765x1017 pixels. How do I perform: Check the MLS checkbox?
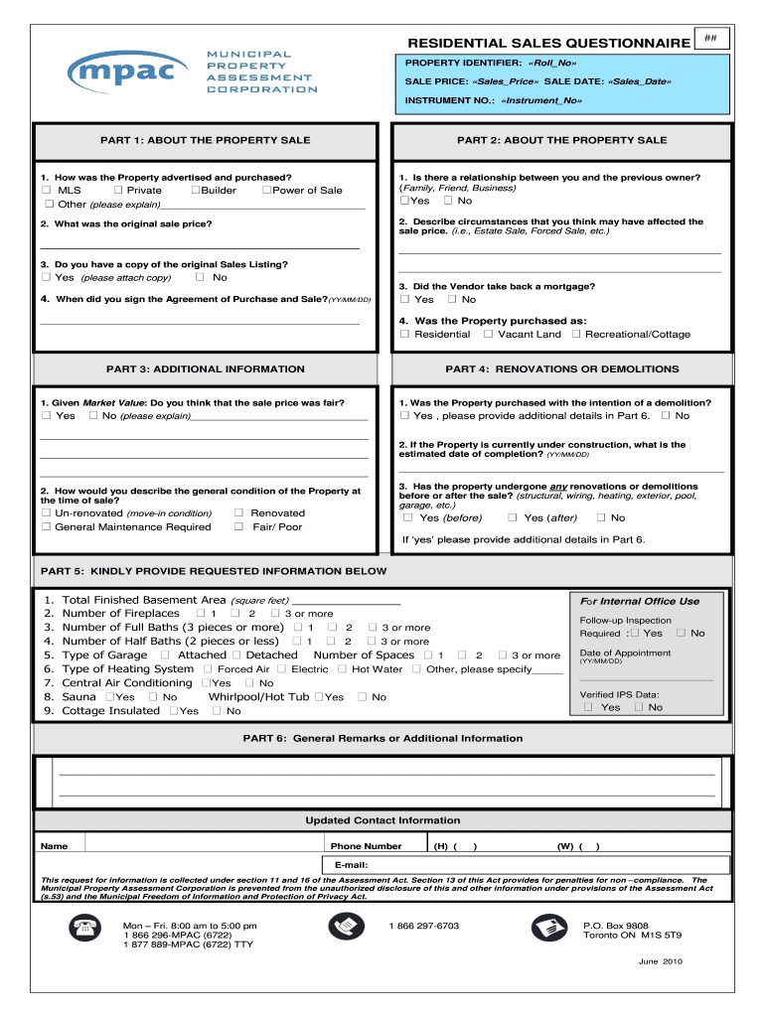(46, 190)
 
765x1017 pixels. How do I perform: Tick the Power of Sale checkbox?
(267, 190)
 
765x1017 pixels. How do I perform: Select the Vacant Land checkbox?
(488, 335)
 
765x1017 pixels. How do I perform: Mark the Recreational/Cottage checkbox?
(576, 335)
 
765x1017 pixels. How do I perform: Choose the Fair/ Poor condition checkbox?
(238, 527)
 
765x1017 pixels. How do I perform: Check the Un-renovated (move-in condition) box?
(46, 513)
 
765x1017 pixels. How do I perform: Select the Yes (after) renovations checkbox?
(513, 517)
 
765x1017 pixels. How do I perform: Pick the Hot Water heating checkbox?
(342, 669)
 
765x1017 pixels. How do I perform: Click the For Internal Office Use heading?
(640, 601)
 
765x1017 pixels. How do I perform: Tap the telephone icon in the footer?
(80, 928)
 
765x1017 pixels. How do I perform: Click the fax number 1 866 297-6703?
(424, 926)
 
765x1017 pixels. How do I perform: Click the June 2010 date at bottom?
(661, 961)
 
